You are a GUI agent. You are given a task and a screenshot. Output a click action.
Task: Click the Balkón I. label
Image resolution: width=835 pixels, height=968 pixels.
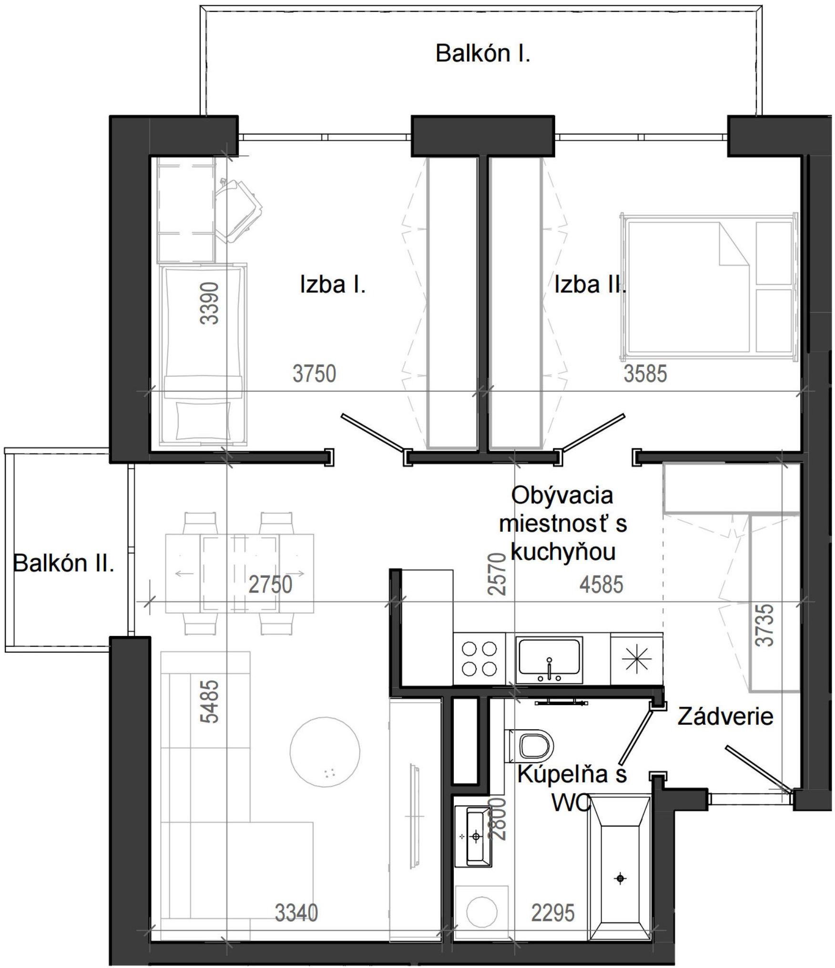tap(482, 53)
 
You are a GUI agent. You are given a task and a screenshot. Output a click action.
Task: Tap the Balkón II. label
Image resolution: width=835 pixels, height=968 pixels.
tap(63, 564)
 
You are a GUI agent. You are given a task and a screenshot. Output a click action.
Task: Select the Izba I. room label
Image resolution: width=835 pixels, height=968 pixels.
tap(333, 285)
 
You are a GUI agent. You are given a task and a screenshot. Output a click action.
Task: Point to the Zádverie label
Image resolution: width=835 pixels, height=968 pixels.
tap(725, 716)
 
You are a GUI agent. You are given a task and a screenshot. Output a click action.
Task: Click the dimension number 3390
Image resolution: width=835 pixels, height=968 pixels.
tap(210, 303)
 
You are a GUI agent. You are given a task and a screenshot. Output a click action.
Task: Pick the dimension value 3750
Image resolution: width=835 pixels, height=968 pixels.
tap(314, 373)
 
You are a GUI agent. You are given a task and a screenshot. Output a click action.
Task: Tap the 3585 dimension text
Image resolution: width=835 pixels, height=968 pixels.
tap(645, 373)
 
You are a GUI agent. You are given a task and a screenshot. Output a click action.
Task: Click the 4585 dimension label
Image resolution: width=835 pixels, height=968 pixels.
tap(601, 585)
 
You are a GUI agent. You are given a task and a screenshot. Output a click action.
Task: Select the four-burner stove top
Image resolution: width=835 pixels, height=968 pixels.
tap(479, 659)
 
